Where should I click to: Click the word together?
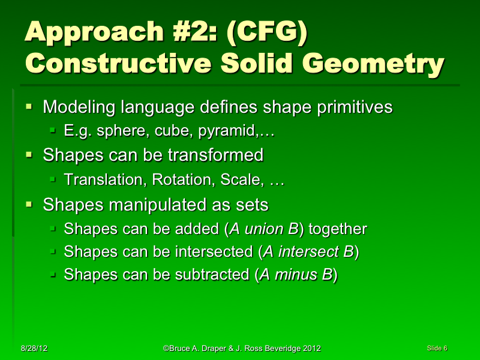pyautogui.click(x=337, y=229)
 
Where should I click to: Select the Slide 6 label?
pyautogui.click(x=437, y=348)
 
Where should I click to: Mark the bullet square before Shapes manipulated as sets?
pyautogui.click(x=28, y=205)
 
